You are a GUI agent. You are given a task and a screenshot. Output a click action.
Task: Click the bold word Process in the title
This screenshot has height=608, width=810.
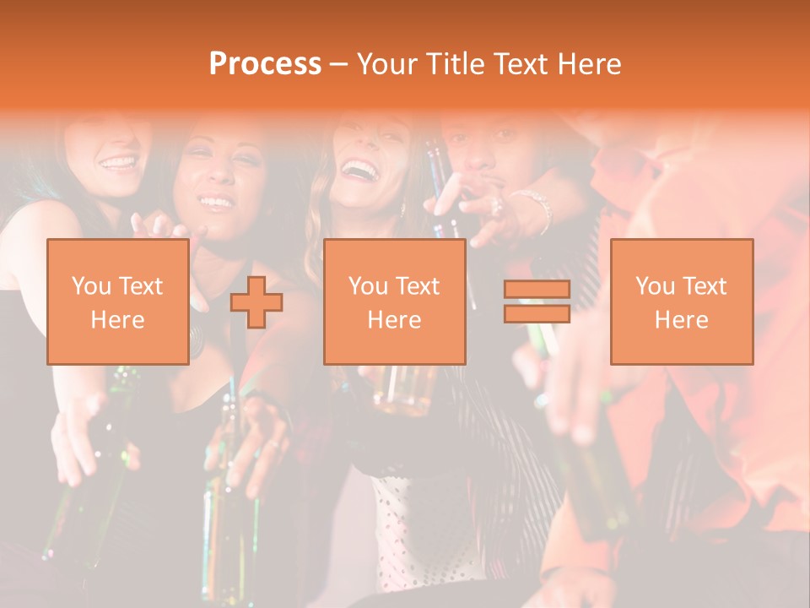tap(265, 64)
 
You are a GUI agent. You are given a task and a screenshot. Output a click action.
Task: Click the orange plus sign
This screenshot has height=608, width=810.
tap(256, 301)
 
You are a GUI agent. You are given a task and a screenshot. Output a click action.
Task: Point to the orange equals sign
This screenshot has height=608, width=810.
tap(537, 301)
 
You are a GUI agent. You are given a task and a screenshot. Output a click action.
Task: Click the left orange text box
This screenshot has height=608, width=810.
tap(117, 301)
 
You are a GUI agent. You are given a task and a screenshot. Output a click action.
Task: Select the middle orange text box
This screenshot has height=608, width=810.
tap(394, 301)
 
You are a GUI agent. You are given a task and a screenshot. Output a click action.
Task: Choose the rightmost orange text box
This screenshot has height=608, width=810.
tap(681, 301)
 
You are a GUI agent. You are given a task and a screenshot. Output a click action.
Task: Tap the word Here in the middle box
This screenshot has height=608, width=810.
tap(394, 320)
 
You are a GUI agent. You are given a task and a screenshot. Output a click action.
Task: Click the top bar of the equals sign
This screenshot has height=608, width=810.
tap(537, 290)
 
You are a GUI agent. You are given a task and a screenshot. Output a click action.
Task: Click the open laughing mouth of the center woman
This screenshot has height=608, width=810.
tap(361, 171)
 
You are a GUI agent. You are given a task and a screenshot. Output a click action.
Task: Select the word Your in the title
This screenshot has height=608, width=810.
tap(387, 64)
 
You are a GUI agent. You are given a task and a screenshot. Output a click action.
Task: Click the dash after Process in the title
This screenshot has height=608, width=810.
tap(338, 64)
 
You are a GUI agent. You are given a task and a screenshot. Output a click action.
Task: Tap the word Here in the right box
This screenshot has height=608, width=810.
tap(681, 320)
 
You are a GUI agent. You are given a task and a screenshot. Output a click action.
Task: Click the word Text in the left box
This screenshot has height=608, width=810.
tap(141, 286)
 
